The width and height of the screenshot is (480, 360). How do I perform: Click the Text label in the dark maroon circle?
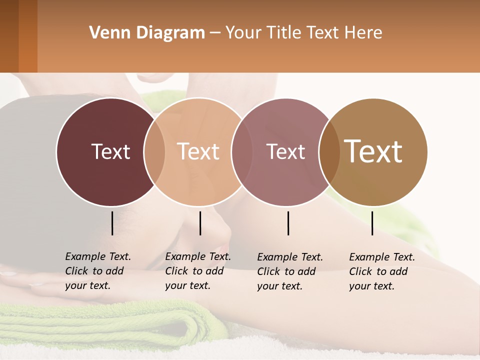tap(110, 151)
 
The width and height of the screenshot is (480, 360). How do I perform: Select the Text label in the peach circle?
tap(198, 151)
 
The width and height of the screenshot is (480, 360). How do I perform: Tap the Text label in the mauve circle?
tap(285, 151)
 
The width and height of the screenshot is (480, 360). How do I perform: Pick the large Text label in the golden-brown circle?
tap(373, 151)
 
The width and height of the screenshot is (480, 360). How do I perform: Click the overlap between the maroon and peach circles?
tap(154, 151)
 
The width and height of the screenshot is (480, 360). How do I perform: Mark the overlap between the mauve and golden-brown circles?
tap(329, 151)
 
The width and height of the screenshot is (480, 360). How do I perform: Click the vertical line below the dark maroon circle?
tap(112, 223)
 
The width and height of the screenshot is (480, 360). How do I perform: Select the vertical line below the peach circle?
tap(200, 223)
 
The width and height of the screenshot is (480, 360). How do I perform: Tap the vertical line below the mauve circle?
tap(288, 223)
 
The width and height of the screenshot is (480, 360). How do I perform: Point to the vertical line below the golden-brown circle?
tap(372, 223)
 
